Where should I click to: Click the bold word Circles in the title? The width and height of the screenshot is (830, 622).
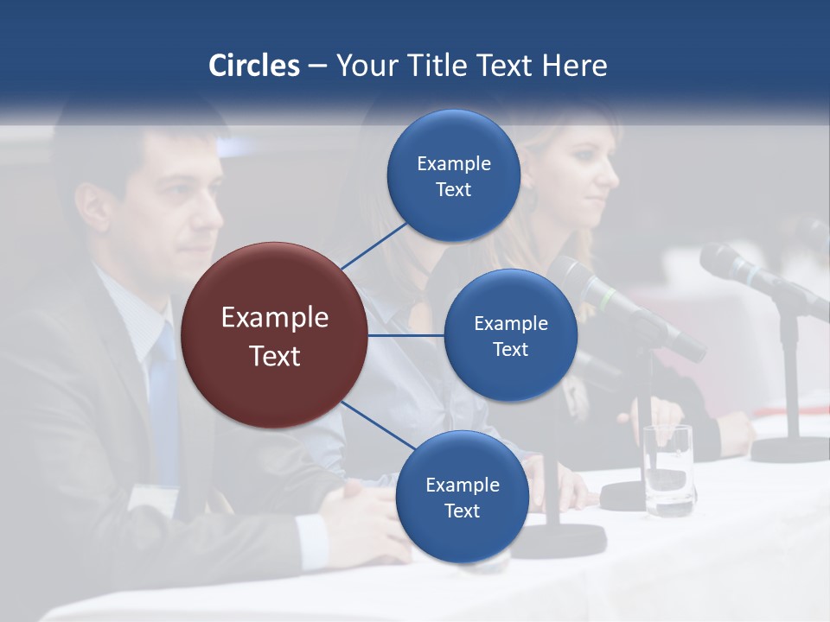click(x=254, y=66)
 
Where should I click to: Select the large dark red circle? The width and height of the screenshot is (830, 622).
click(x=274, y=335)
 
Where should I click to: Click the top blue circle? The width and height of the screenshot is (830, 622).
click(x=453, y=175)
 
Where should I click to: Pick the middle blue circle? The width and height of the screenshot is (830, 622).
click(x=510, y=335)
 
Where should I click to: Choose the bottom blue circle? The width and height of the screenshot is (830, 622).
click(x=462, y=497)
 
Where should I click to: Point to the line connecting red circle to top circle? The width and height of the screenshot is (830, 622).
click(x=373, y=245)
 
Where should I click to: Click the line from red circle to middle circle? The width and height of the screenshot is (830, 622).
click(x=405, y=335)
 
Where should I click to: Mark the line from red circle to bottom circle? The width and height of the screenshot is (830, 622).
click(x=377, y=425)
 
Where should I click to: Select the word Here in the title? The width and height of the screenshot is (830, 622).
click(x=575, y=66)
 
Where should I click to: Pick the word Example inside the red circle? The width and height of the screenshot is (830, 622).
click(x=274, y=318)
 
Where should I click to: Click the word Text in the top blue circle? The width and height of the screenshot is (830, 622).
click(x=453, y=190)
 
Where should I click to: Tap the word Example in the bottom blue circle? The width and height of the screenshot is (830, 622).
click(x=462, y=485)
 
